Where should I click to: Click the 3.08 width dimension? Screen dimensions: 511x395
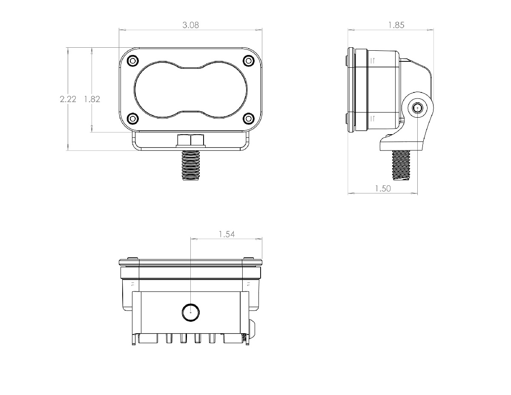click(190, 25)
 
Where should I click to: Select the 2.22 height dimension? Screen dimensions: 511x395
click(68, 99)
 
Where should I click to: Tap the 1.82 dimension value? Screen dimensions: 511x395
click(92, 99)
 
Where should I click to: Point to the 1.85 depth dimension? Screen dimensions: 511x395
click(396, 25)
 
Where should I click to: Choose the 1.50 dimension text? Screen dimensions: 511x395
click(382, 188)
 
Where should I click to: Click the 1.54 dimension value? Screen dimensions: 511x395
click(227, 234)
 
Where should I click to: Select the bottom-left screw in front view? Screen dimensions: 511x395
click(132, 118)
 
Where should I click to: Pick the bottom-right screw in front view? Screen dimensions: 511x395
click(248, 118)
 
